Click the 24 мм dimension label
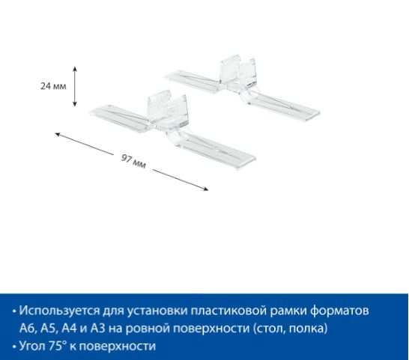[x=53, y=86]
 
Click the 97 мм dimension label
[x=133, y=162]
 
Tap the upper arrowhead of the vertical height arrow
[x=75, y=69]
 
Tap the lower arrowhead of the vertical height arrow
[x=75, y=104]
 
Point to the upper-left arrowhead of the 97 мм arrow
[x=58, y=134]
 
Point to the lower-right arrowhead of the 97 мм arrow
[x=206, y=189]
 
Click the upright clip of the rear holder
[x=237, y=70]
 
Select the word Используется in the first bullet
[x=59, y=311]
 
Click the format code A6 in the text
[x=28, y=329]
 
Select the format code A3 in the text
[x=98, y=329]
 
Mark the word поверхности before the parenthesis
[x=211, y=329]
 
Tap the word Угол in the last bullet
[x=33, y=347]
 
